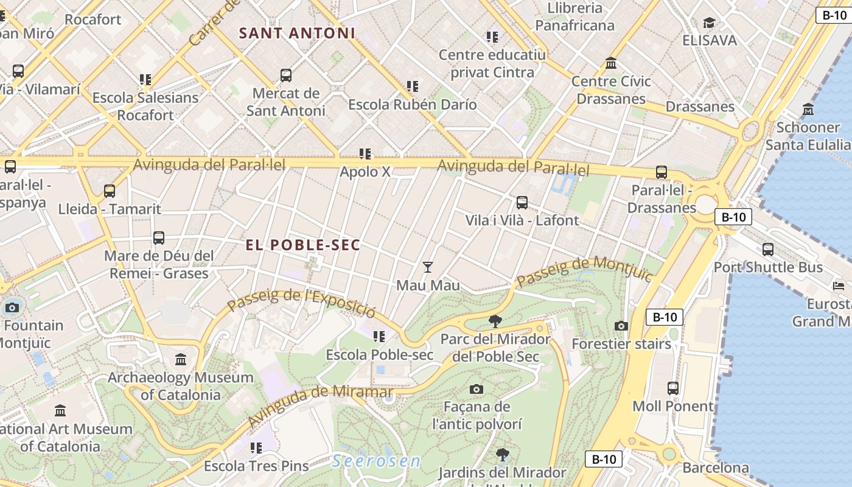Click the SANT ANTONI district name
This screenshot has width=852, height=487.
(297, 33)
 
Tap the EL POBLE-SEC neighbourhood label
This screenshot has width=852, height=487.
(303, 245)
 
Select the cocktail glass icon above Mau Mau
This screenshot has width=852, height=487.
(428, 267)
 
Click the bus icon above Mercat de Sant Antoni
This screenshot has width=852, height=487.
(286, 75)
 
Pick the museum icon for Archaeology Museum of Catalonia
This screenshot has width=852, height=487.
(181, 359)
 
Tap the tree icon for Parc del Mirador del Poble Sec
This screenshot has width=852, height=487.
(495, 321)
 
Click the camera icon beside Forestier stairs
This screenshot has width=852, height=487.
(621, 326)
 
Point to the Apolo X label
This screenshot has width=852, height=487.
(365, 172)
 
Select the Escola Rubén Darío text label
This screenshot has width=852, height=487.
(412, 105)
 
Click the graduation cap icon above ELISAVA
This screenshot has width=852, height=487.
(709, 23)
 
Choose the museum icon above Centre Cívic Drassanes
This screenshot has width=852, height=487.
(611, 63)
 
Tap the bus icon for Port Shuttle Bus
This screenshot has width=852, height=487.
(768, 249)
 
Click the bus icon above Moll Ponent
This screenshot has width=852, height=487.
(672, 388)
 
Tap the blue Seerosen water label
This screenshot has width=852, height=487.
(377, 461)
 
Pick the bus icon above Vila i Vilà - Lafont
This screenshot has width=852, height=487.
(522, 202)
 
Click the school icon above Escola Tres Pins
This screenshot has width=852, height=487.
(256, 448)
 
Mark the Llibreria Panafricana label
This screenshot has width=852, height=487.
(574, 16)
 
